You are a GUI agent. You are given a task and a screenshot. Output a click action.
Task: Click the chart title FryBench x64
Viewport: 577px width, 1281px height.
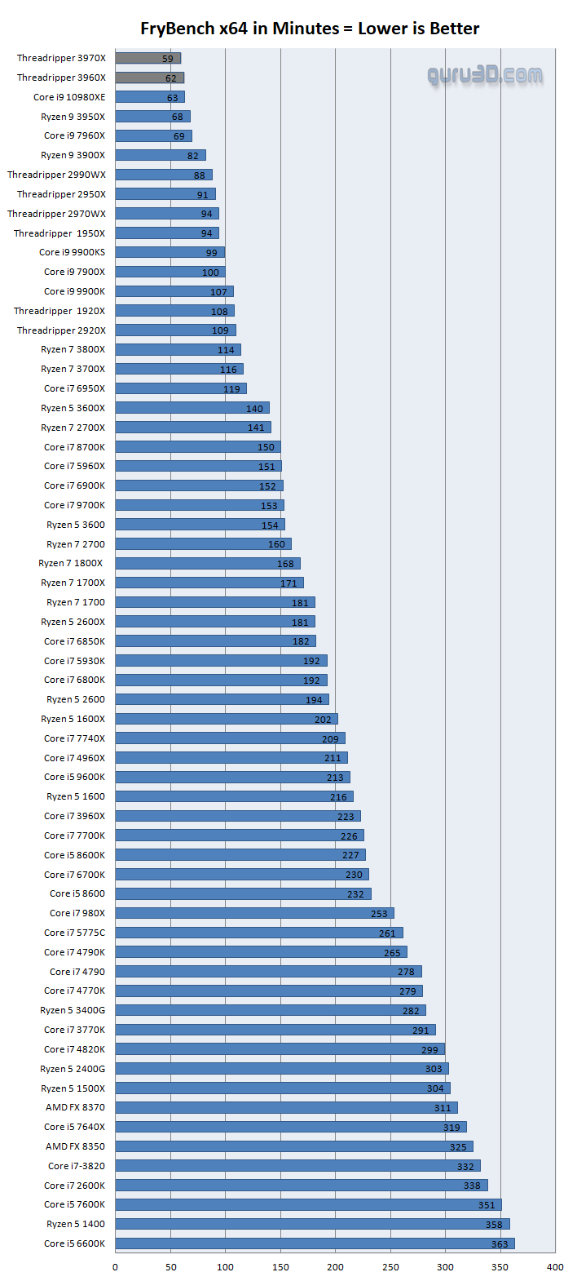(x=310, y=29)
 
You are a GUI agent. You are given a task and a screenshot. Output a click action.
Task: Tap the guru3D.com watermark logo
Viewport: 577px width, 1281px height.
(x=485, y=76)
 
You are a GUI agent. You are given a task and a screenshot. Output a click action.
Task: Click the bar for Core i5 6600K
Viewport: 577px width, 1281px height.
(x=314, y=1243)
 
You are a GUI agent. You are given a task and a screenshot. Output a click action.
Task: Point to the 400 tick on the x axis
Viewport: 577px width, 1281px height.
(x=555, y=1267)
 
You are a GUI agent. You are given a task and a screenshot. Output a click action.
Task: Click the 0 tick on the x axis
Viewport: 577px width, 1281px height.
(x=115, y=1267)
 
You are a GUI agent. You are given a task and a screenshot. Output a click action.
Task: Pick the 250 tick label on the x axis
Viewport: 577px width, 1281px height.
(x=390, y=1267)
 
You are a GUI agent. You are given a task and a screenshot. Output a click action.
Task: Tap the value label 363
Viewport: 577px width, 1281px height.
(x=500, y=1244)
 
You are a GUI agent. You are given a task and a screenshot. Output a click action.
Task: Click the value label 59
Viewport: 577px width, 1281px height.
(x=168, y=59)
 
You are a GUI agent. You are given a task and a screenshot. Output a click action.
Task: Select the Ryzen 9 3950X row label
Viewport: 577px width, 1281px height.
(x=73, y=117)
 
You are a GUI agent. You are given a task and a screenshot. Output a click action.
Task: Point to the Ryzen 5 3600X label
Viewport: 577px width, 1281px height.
(x=73, y=408)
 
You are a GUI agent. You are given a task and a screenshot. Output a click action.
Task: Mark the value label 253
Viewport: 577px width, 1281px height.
(x=379, y=914)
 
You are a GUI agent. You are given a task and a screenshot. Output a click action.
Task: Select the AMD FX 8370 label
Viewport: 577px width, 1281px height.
(x=75, y=1107)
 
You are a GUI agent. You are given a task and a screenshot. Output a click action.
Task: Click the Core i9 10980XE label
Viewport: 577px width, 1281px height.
(x=69, y=97)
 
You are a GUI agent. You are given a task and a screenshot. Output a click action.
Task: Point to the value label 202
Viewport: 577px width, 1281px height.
(x=323, y=720)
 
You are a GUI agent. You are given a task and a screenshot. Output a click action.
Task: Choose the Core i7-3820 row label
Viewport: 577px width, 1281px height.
(x=76, y=1166)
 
